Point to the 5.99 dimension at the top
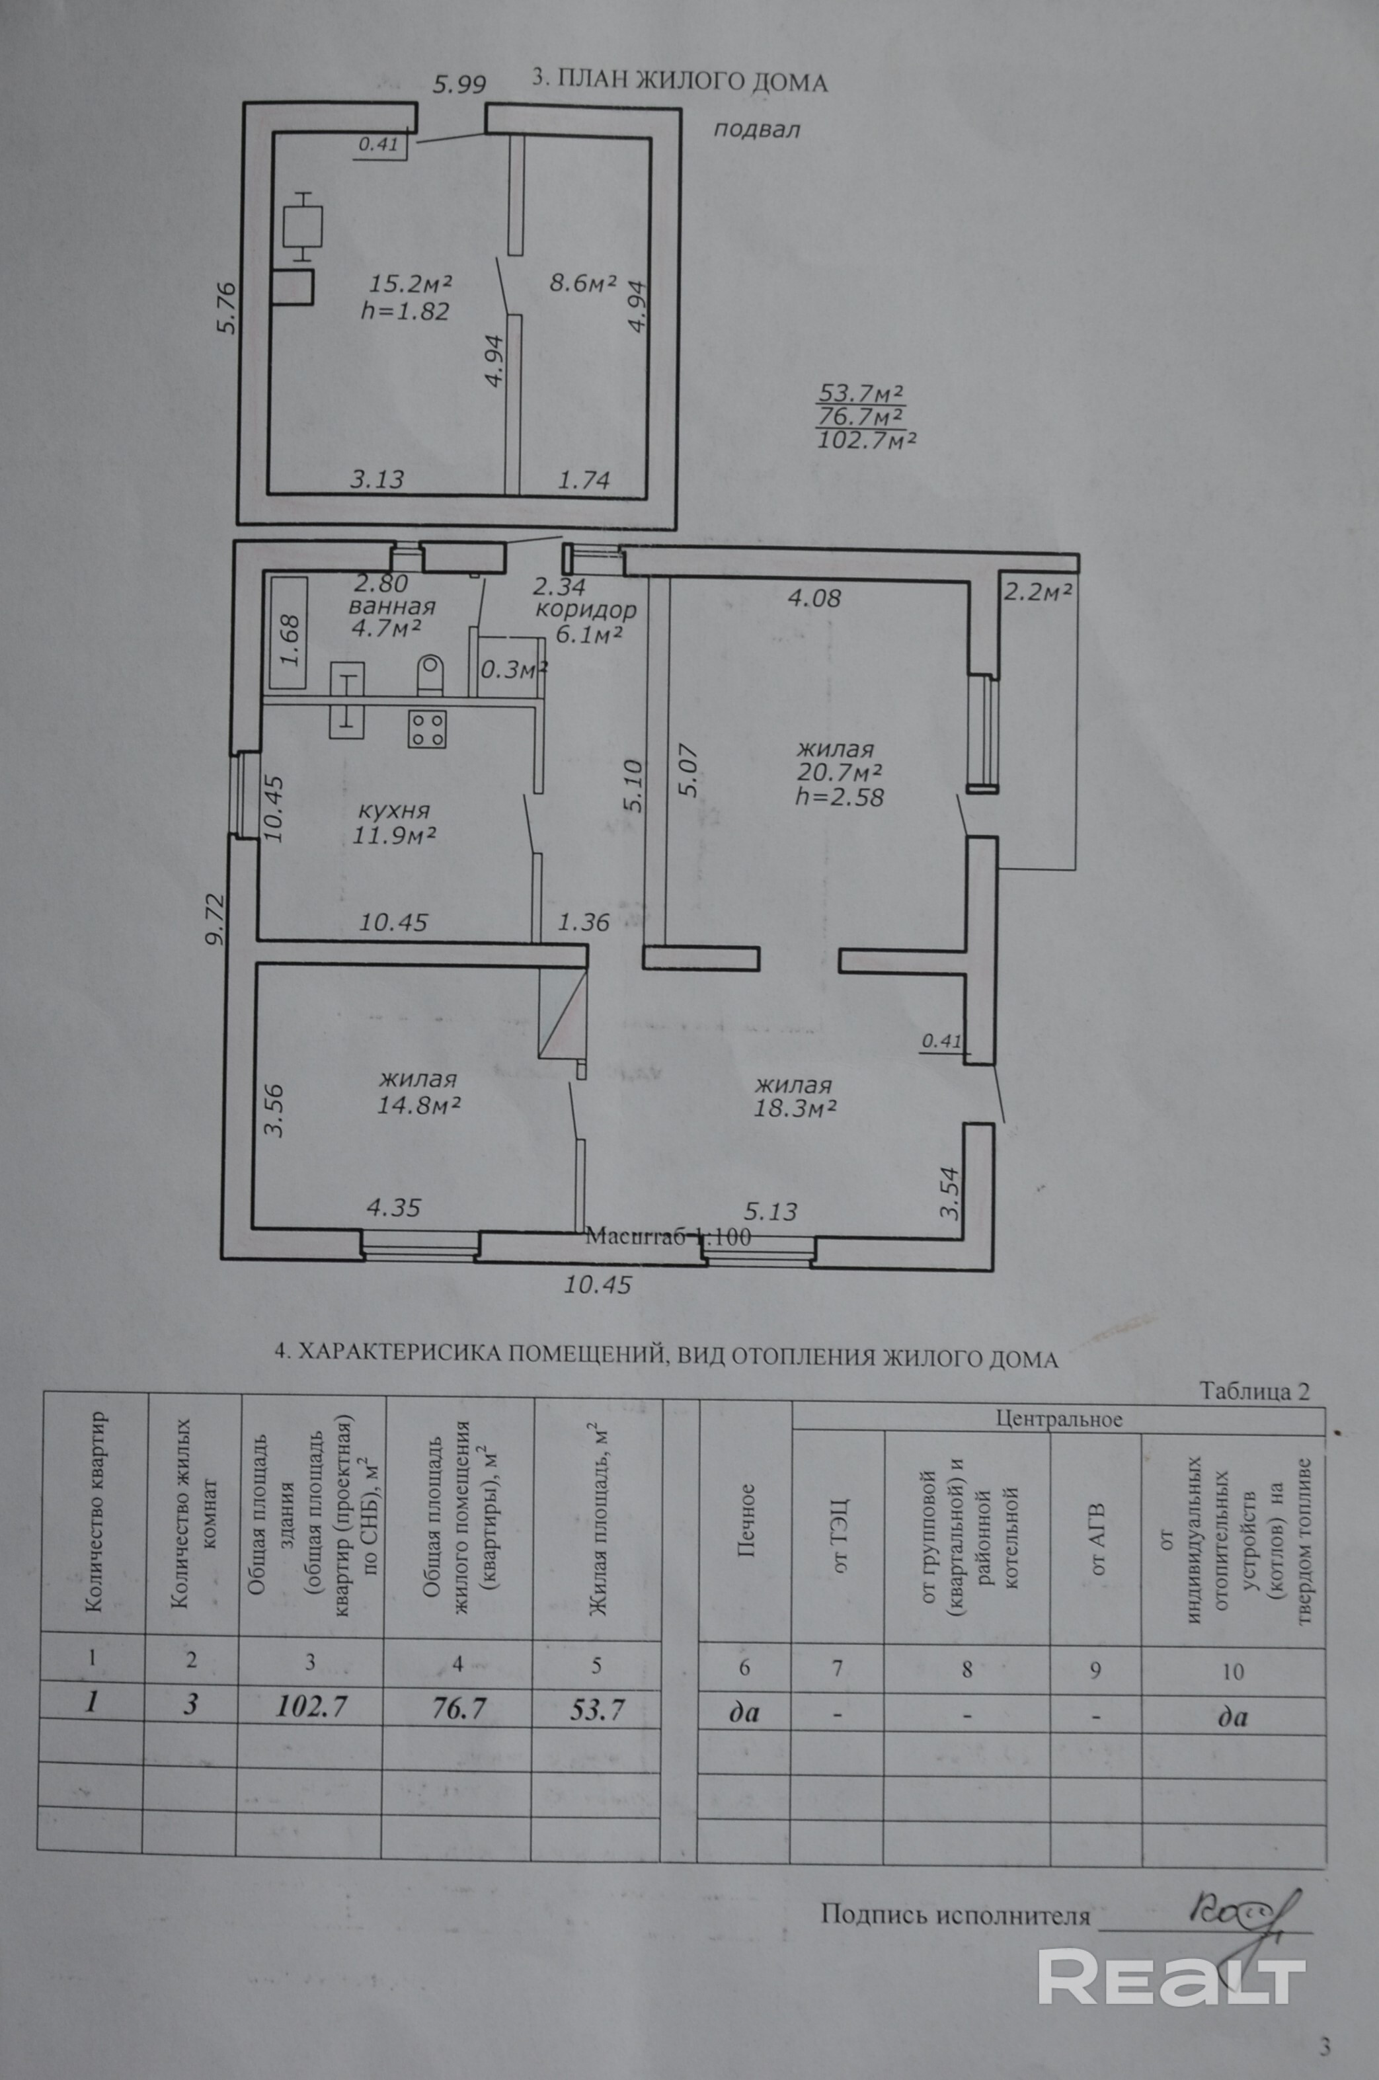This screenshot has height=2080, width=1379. (459, 85)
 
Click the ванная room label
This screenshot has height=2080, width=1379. (391, 606)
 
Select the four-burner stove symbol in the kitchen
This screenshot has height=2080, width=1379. (428, 729)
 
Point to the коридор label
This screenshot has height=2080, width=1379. (586, 610)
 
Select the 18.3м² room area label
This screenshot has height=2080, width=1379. (794, 1108)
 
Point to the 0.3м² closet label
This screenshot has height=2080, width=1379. (514, 669)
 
